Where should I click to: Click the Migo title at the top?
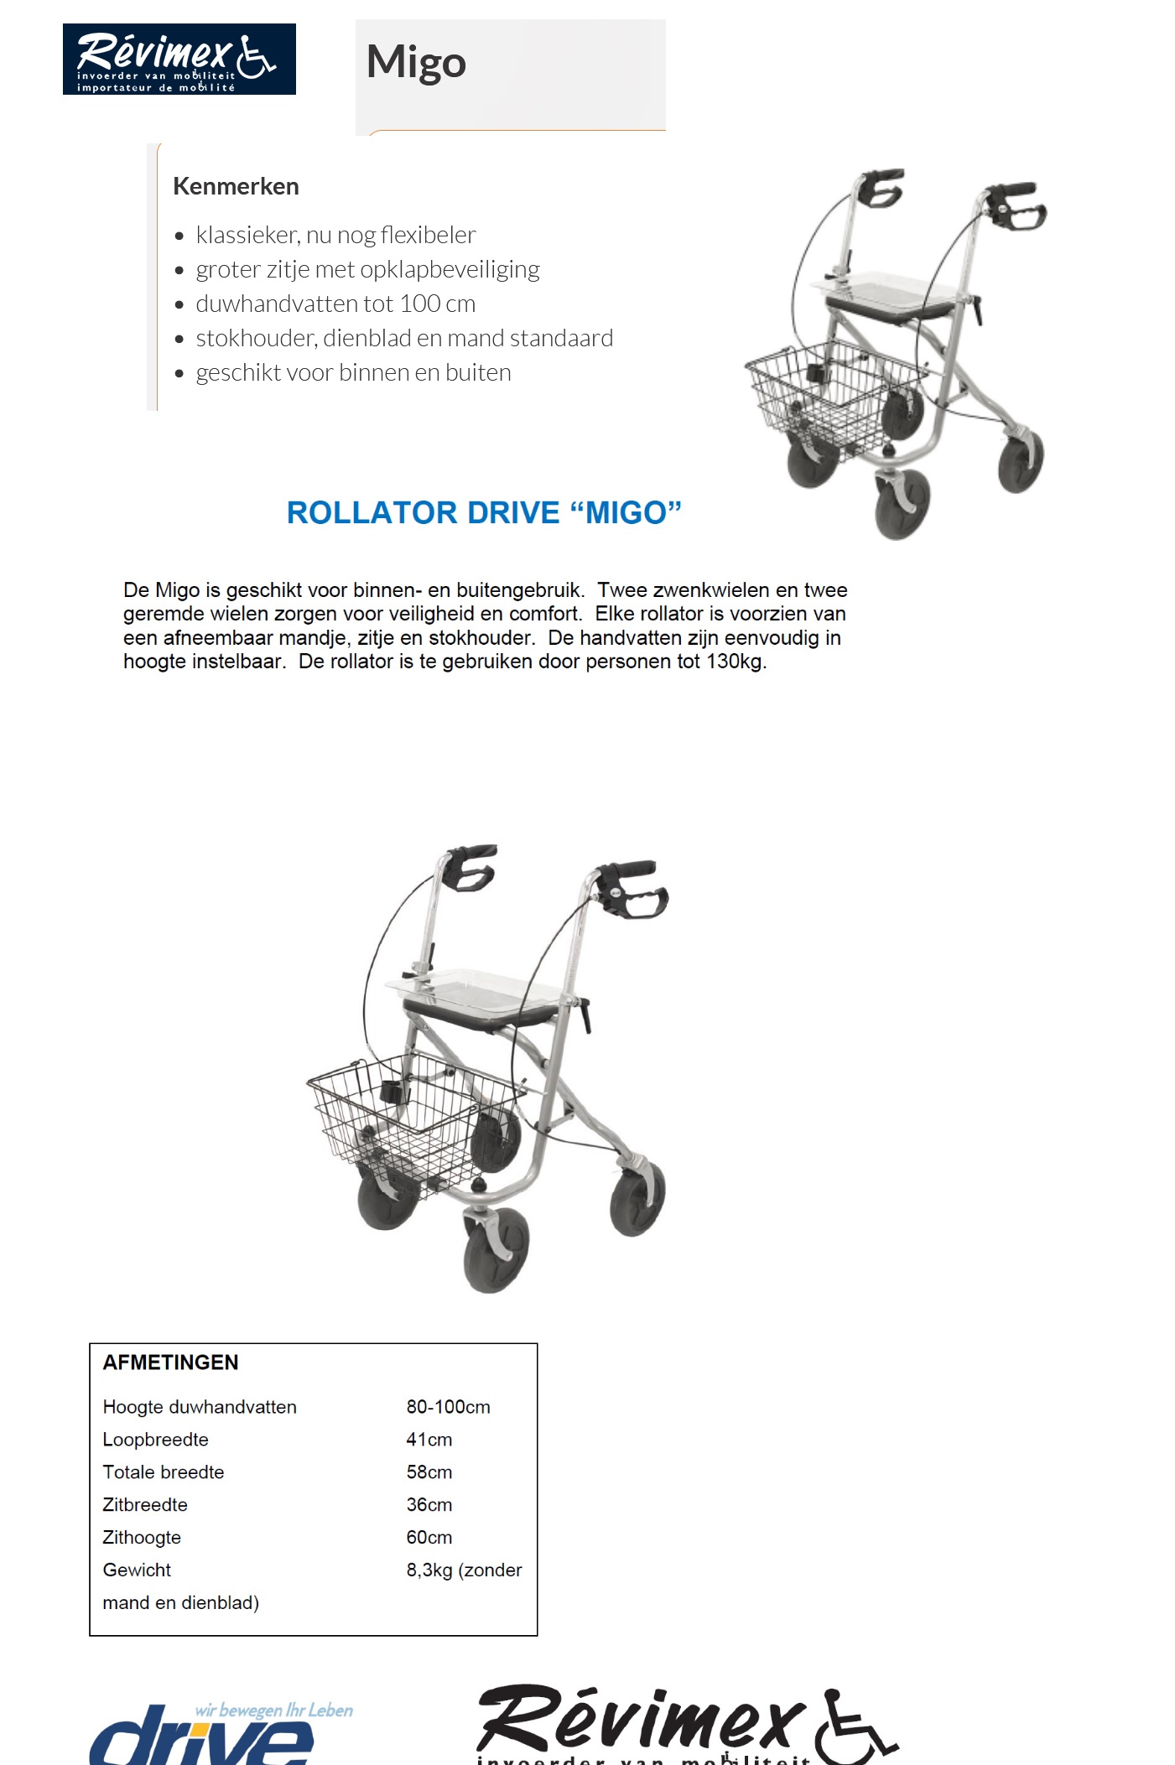[x=416, y=63]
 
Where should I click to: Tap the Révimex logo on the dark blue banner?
[x=178, y=59]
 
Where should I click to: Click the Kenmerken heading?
[x=236, y=186]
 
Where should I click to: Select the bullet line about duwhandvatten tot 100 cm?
[x=335, y=304]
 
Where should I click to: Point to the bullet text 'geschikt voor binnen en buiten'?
[x=353, y=372]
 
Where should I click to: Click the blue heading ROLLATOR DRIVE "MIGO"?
[x=484, y=512]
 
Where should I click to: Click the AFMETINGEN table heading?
[x=170, y=1363]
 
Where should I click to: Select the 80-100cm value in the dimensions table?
[x=448, y=1407]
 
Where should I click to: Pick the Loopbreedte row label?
[x=155, y=1440]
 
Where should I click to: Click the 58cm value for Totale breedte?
[x=429, y=1472]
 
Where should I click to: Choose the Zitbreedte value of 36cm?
[x=429, y=1505]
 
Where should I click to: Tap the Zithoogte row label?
[x=142, y=1538]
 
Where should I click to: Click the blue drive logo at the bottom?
[x=201, y=1740]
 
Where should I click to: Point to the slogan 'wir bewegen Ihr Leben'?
[x=273, y=1710]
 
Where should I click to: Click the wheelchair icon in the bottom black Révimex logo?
[x=855, y=1727]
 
